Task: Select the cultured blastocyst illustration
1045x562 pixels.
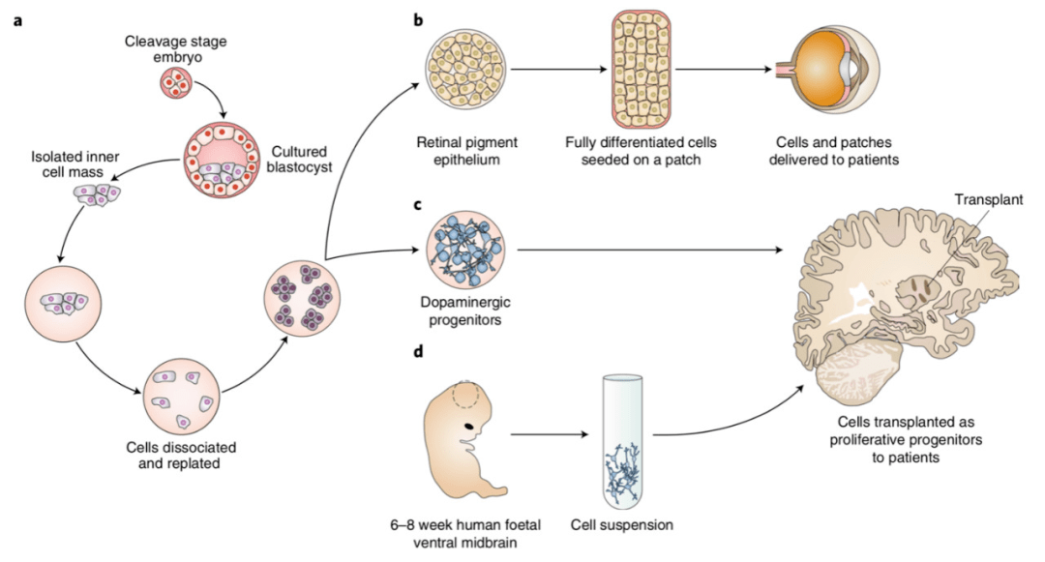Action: pos(224,163)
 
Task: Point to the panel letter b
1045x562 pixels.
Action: pos(418,18)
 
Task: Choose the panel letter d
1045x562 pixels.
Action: pos(418,350)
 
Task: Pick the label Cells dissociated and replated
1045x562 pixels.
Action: pos(181,455)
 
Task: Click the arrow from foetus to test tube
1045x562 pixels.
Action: pos(548,433)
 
